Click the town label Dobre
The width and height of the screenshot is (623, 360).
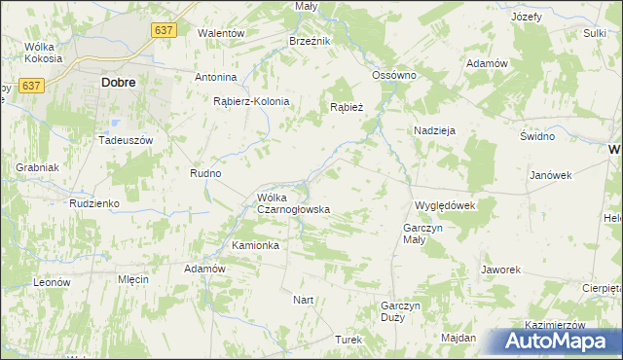(x=118, y=83)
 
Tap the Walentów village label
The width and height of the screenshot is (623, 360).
(x=220, y=33)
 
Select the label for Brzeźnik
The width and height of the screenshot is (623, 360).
(x=311, y=41)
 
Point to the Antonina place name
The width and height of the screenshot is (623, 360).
(x=216, y=77)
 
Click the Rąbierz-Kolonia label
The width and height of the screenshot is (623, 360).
(x=252, y=100)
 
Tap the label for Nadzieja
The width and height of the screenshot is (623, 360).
(x=435, y=129)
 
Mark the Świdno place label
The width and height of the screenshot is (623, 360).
(x=536, y=136)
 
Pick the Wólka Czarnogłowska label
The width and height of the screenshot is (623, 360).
(x=293, y=203)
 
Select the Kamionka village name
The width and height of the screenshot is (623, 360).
(x=255, y=245)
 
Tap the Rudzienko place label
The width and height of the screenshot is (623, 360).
(x=93, y=203)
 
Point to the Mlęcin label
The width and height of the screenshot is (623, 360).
(x=132, y=279)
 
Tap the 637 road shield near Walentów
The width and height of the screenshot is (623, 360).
(x=165, y=31)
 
